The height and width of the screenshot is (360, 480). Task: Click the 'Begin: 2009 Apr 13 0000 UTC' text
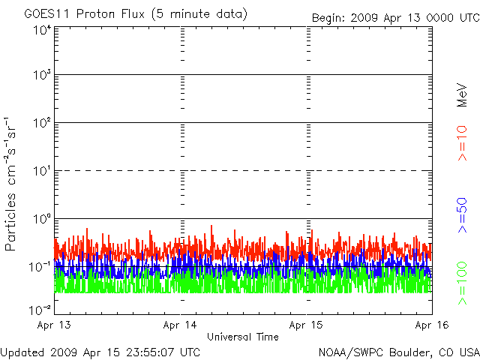pos(396,18)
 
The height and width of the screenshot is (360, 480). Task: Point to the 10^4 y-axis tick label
pos(42,31)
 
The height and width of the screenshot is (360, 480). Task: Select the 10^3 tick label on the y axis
pos(42,75)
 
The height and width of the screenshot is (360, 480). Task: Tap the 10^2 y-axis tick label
pos(42,123)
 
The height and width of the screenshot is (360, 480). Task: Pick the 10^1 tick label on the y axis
pos(42,171)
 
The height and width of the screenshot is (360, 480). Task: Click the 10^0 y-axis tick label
pos(42,219)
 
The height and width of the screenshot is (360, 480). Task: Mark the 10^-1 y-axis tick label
pos(40,267)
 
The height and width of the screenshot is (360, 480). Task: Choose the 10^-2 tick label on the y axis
pos(40,310)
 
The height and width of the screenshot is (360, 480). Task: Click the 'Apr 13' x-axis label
pos(54,325)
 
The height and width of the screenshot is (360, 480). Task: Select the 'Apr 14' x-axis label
pos(180,325)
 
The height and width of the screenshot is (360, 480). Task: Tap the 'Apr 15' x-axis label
pos(306,325)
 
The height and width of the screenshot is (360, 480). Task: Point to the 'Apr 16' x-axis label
pos(432,325)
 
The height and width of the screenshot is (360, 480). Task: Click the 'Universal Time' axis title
pos(243,337)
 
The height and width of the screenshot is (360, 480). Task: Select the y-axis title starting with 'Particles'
pos(10,184)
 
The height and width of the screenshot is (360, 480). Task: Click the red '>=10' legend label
pos(462,143)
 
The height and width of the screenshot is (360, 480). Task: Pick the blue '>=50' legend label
pos(462,215)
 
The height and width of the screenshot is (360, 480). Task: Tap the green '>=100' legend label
pos(462,283)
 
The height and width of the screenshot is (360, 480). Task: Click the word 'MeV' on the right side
pos(462,95)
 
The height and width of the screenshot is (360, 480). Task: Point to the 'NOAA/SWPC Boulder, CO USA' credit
pos(399,352)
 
